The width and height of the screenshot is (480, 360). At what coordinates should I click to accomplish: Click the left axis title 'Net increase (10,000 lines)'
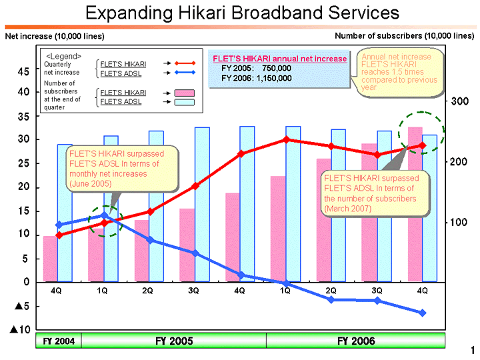tap(55, 35)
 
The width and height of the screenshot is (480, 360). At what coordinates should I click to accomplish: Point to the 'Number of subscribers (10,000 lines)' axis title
tap(404, 35)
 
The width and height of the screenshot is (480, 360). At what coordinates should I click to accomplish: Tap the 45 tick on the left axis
tap(23, 71)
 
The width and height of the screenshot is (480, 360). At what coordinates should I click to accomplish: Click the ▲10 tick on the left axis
tap(19, 330)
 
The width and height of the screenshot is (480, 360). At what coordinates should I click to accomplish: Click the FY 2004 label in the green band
tap(59, 341)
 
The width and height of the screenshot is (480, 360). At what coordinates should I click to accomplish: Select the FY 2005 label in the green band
tap(174, 341)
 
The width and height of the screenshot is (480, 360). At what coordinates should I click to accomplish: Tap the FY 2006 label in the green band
tap(356, 341)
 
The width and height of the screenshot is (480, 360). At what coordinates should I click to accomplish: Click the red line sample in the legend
tap(184, 63)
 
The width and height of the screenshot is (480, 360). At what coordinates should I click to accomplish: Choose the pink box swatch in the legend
tap(184, 93)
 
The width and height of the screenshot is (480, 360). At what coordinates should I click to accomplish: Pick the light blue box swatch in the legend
tap(184, 102)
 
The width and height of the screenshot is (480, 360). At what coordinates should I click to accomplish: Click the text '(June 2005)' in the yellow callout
tap(92, 183)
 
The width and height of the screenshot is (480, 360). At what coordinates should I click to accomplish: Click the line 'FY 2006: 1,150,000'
tap(256, 77)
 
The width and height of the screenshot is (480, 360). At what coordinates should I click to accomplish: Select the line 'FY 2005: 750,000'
tap(256, 68)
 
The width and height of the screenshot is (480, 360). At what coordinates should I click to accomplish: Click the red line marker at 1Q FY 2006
tap(286, 139)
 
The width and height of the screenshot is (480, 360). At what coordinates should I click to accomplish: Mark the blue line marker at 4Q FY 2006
tap(423, 313)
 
